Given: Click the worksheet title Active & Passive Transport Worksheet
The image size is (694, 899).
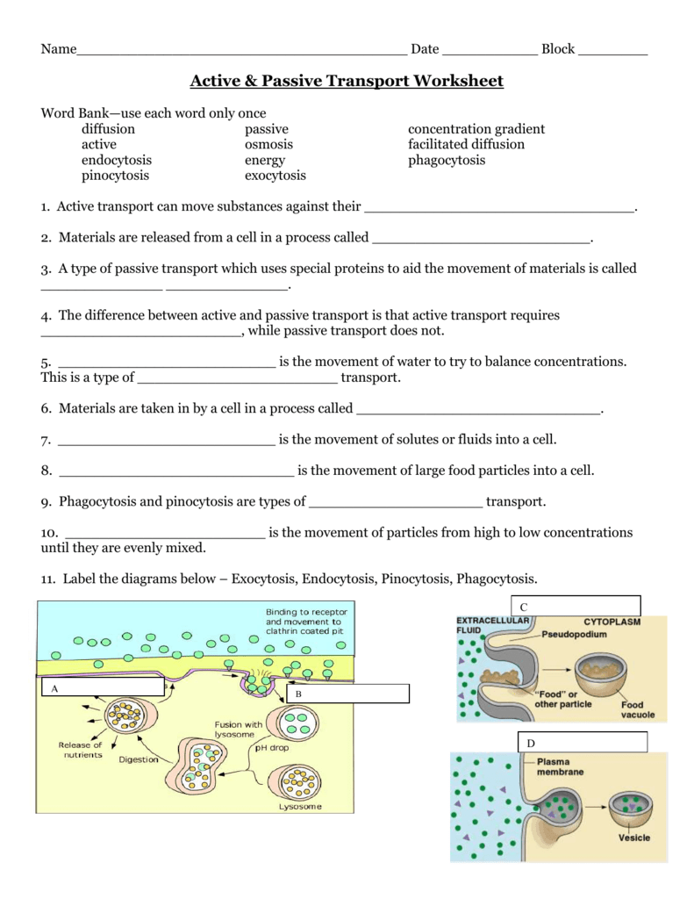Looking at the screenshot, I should coord(347,82).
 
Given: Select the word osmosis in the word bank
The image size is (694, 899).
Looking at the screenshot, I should coord(268,144).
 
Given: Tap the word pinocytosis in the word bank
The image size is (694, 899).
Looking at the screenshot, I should coord(115,176).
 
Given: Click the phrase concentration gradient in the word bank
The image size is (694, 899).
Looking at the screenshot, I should coord(476,129).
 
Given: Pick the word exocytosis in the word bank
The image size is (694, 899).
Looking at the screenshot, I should coord(275,176).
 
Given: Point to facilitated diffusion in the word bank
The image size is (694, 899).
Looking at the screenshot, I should coord(466,144).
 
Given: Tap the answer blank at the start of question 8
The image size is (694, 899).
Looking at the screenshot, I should coord(175,472).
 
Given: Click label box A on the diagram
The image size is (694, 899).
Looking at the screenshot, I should coord(101,687).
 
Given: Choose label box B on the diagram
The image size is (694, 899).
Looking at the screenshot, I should coord(347,694).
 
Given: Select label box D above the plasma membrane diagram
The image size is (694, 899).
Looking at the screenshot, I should coord(583,743).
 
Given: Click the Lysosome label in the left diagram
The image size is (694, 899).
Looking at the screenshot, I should coord(300,806).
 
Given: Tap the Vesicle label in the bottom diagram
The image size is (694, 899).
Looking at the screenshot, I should coord(634,838).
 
